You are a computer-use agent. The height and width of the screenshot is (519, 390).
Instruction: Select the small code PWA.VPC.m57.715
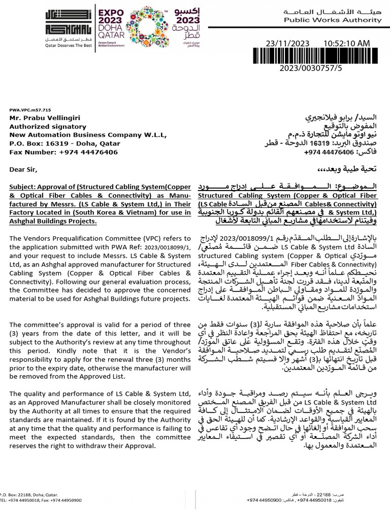[30, 109]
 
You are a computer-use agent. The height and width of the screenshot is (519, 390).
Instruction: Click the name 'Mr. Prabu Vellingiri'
[45, 118]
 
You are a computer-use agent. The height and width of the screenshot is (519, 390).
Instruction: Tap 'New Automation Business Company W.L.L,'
[87, 135]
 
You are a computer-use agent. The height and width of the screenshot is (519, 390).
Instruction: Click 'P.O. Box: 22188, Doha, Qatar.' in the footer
[28, 494]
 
